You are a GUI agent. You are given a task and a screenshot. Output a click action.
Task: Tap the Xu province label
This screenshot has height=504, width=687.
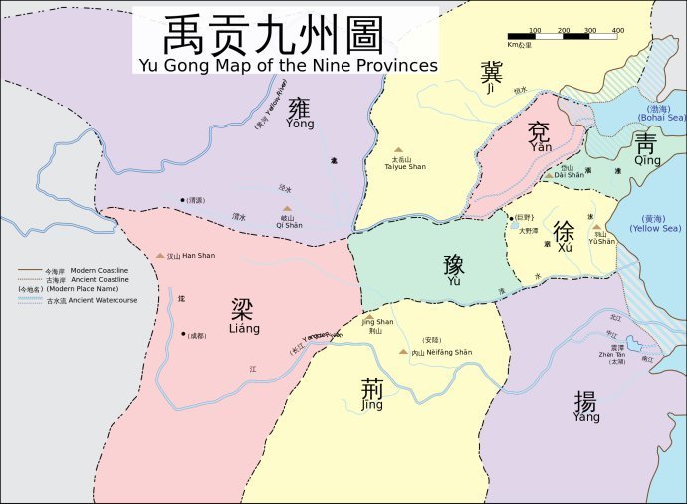coord(565,235)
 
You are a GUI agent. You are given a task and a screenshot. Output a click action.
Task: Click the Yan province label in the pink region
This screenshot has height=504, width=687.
coord(540,136)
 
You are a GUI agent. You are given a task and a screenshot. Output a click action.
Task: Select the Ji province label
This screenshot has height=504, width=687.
coord(491,76)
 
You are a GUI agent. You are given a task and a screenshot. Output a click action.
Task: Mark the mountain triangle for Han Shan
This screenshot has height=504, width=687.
coord(160,256)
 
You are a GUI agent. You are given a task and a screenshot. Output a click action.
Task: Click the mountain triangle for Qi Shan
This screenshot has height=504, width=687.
coord(287,209)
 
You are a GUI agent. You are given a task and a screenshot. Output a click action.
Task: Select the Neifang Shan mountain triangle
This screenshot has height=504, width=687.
coord(403,352)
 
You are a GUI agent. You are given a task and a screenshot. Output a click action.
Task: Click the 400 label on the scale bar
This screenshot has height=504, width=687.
coord(617,31)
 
